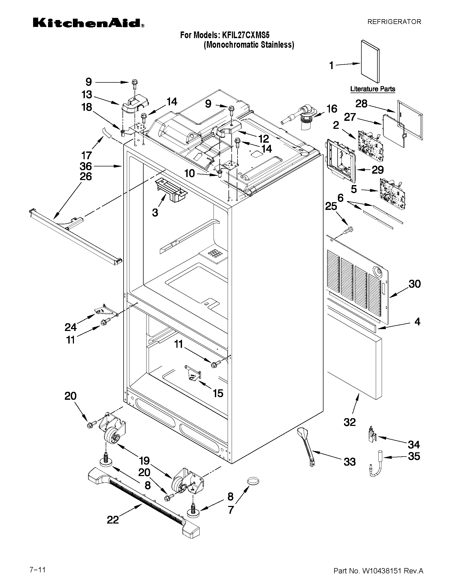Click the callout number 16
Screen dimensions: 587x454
tap(331, 109)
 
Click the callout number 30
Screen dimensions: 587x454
tap(414, 284)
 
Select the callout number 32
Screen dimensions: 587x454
tap(350, 422)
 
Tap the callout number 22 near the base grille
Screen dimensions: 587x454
tap(113, 520)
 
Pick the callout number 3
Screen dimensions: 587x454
tap(155, 213)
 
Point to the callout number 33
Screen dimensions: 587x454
tap(350, 462)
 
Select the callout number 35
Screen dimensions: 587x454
tap(414, 456)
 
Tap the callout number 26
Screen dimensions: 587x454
tap(86, 177)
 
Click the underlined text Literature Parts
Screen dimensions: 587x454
tap(373, 89)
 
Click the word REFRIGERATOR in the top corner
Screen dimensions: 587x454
tap(394, 22)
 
